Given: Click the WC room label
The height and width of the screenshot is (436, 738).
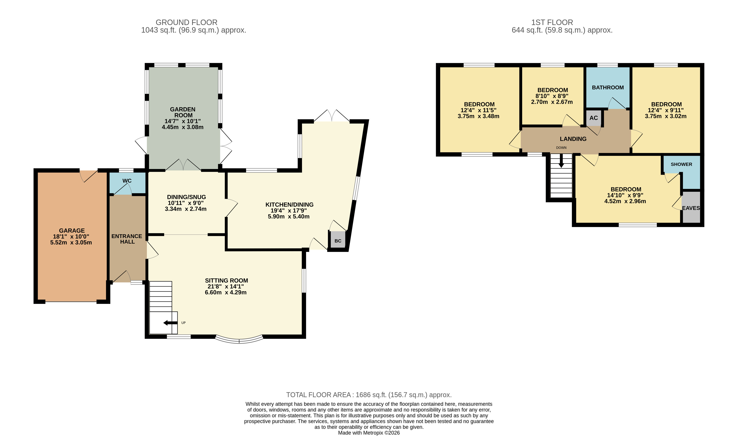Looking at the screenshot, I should [x=127, y=181].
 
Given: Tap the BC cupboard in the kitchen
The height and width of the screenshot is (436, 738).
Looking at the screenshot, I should [x=338, y=241].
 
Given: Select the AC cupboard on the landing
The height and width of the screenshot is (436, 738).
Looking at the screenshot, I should [x=593, y=118].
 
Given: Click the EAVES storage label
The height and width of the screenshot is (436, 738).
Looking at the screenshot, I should [x=691, y=208].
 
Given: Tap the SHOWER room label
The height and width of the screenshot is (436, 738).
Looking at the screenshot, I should [x=681, y=164].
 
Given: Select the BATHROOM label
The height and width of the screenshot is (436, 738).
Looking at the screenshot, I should [x=608, y=87].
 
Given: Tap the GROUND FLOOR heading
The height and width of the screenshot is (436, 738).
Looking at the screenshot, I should [x=186, y=22].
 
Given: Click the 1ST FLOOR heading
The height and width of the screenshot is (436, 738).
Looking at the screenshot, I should [x=552, y=22].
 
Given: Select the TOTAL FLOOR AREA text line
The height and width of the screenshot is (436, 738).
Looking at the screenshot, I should [x=368, y=395].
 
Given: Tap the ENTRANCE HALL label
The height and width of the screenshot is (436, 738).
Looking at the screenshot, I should [x=127, y=239].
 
